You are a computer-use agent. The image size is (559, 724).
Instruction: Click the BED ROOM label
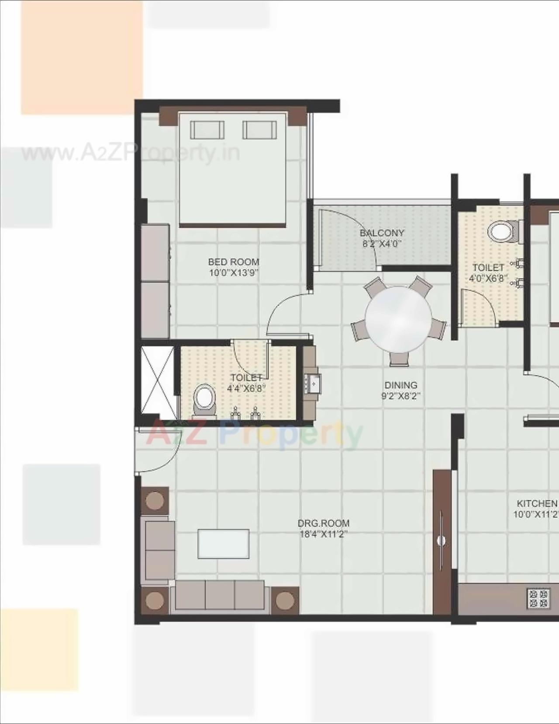coord(233,262)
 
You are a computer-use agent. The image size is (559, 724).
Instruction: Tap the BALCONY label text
coord(382,233)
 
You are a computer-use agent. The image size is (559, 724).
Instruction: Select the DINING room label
coord(400,385)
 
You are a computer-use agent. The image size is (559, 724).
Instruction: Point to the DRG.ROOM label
coord(324,523)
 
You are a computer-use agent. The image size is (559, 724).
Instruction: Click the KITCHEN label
coord(537,504)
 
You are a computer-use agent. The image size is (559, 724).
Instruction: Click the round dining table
coord(398,319)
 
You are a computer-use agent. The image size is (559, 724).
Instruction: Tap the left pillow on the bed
coord(207,130)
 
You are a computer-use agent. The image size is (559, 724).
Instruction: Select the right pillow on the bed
coord(259,130)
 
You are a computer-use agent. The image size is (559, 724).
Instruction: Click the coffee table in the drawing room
coord(224,543)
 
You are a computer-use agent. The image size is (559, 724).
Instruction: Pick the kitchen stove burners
coord(538,598)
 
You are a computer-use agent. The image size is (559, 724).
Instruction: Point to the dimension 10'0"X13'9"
coord(234,273)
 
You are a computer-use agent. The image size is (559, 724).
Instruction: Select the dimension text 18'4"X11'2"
coord(324,534)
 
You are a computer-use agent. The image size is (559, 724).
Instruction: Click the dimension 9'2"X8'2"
coord(400,396)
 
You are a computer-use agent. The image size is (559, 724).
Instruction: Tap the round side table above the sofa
coord(155,500)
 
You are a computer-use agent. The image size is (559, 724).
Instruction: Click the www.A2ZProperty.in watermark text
coord(131,154)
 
